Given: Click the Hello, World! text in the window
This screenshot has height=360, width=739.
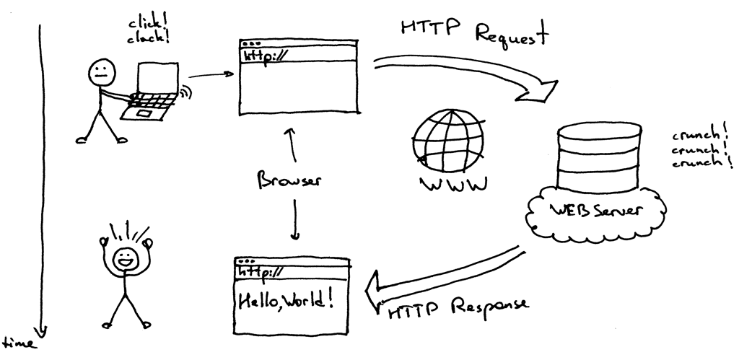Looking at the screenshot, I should tap(286, 299).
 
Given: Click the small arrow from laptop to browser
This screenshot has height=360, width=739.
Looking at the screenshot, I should tap(210, 73).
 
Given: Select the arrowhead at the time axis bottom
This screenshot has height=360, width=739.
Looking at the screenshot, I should tap(41, 330).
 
